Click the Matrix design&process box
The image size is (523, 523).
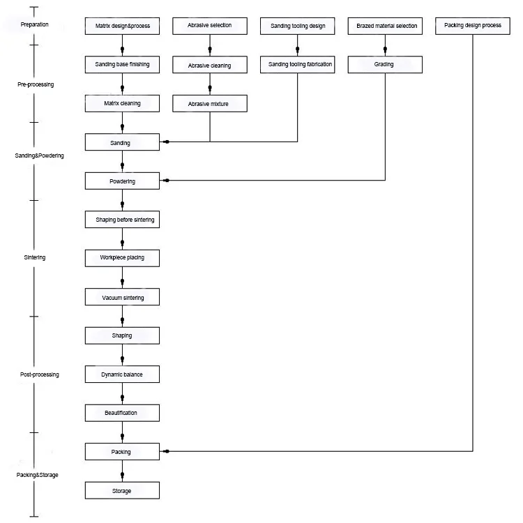pos(122,26)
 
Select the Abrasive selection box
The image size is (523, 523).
pos(210,26)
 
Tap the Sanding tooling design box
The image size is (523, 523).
pos(297,26)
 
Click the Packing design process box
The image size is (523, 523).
pos(472,26)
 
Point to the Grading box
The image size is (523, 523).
pos(384,65)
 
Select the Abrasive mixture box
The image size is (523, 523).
pos(210,104)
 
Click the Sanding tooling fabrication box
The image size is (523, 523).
pos(297,65)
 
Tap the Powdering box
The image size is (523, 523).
pos(122,181)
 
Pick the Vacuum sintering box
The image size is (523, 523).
pos(122,298)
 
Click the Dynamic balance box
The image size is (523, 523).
pos(122,374)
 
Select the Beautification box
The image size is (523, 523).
pos(122,413)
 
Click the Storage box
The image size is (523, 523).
pos(122,491)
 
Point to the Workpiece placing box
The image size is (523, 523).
pos(122,258)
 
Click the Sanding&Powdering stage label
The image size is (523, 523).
pos(39,156)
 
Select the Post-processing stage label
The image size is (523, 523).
pos(39,374)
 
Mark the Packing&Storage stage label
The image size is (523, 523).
pos(38,475)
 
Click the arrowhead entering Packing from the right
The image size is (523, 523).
pos(166,452)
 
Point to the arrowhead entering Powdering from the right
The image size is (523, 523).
pos(166,181)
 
